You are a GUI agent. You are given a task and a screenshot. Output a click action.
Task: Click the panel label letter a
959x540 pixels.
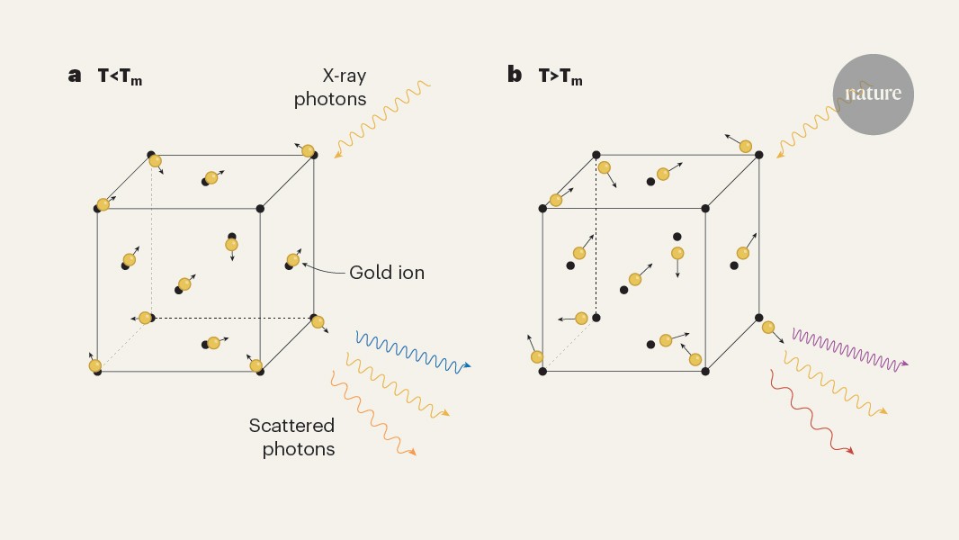point(75,76)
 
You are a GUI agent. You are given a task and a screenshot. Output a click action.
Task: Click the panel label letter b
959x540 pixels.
point(515,75)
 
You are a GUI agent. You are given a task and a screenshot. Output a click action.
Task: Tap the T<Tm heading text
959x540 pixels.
point(120,76)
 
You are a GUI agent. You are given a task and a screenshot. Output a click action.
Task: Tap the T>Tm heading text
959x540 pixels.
point(560,76)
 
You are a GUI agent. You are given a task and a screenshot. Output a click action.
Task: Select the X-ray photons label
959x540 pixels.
point(331,87)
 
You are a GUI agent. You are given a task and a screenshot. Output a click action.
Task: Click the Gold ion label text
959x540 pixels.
point(386,272)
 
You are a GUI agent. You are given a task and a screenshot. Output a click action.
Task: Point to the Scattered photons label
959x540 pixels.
point(292,436)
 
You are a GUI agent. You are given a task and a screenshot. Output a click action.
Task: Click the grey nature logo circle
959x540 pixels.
point(873,94)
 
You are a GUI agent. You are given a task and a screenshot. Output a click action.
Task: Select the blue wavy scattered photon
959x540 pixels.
point(412,352)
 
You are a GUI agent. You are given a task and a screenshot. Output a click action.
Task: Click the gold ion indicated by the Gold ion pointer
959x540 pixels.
point(293,260)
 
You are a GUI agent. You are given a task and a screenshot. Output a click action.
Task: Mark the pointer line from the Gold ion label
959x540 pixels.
point(324,269)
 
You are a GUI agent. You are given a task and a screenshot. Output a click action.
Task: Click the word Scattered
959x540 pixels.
point(292,426)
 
